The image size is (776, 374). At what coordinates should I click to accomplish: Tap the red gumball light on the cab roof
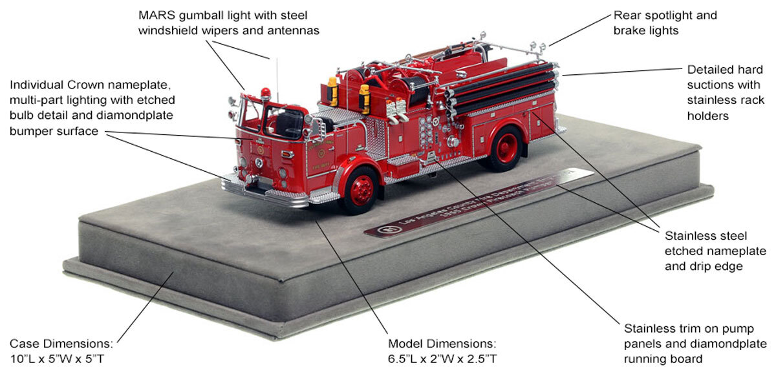click(x=264, y=92)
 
